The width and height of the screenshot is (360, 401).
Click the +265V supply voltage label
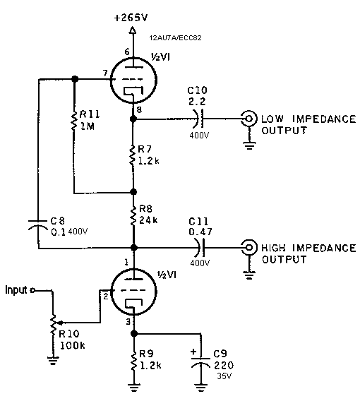tap(131, 18)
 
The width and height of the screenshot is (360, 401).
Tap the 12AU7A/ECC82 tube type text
tap(175, 38)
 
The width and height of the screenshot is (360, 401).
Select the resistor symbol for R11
tap(74, 121)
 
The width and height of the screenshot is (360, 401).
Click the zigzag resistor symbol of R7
tap(133, 155)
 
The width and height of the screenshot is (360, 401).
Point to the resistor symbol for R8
tap(133, 216)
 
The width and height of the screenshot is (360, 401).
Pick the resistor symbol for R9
tap(133, 361)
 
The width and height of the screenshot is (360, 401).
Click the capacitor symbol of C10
tap(200, 119)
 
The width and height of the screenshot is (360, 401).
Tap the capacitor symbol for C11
tap(200, 248)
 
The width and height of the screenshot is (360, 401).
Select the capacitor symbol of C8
tap(38, 225)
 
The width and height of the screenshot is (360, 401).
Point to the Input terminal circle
tap(32, 291)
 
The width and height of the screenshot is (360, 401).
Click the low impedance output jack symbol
tap(249, 119)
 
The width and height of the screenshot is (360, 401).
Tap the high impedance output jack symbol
tap(249, 247)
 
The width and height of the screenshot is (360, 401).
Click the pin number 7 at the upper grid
tap(105, 73)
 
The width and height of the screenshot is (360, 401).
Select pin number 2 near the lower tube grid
tap(106, 297)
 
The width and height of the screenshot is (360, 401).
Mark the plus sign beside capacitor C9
tap(193, 352)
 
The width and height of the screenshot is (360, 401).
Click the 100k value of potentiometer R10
tap(73, 345)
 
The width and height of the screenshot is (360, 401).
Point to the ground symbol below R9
tap(133, 388)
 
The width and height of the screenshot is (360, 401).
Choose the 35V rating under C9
tap(224, 376)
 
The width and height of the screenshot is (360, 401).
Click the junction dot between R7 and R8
tap(133, 192)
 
